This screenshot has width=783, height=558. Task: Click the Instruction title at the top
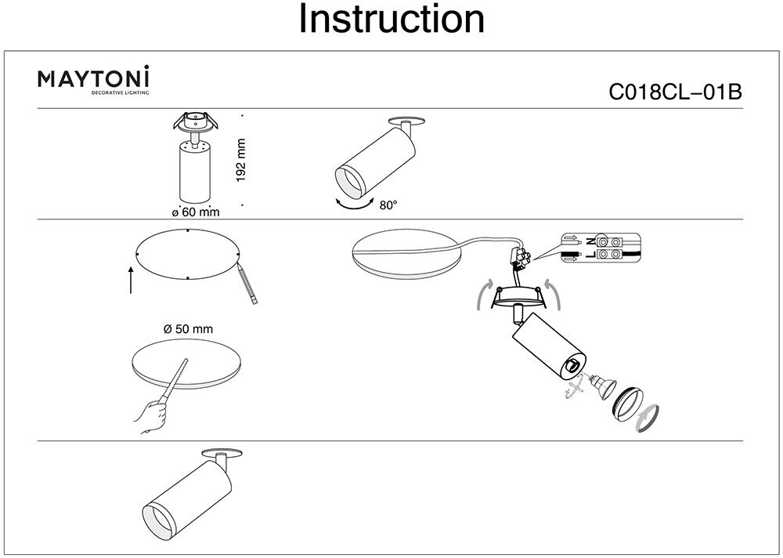point(391,20)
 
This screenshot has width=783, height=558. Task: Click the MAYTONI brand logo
point(95,80)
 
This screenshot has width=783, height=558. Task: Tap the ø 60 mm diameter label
point(195,212)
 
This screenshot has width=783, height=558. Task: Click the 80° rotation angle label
point(388,205)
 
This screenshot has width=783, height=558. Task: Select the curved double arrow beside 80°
point(353,205)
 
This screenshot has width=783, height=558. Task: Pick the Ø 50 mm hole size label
point(189,329)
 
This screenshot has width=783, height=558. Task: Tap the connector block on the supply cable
point(520,255)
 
